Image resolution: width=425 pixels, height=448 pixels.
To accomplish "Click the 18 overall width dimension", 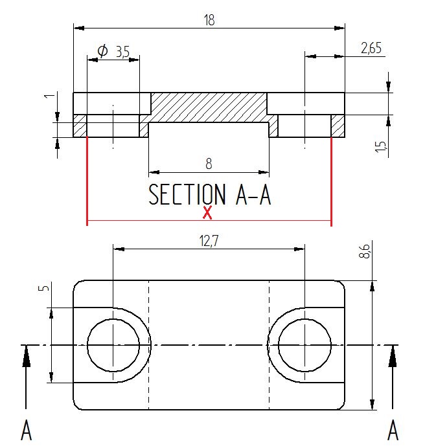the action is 209,20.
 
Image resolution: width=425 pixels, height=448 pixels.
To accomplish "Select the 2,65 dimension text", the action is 371,48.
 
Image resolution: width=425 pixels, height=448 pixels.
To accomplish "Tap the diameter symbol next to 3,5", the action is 102,51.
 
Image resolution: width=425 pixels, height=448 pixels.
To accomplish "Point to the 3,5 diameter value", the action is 122,52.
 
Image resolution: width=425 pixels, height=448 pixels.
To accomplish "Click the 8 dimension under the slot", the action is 209,164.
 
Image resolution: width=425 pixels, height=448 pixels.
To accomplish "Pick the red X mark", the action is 207,212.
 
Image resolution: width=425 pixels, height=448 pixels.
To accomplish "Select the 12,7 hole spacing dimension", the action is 209,241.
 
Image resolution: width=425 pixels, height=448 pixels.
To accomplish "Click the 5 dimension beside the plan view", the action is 43,287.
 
